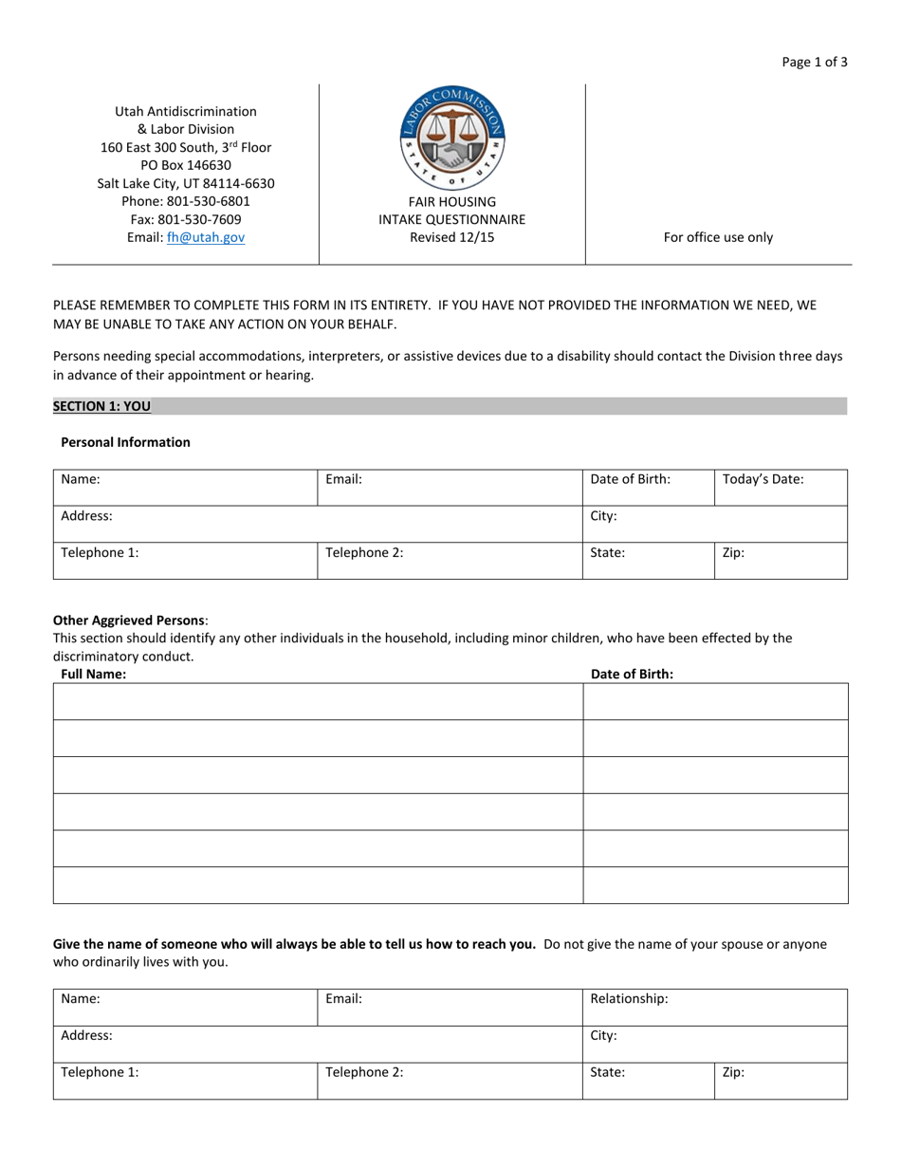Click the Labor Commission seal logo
click(452, 139)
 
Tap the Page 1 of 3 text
click(815, 63)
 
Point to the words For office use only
click(718, 238)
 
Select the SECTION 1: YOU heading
click(101, 406)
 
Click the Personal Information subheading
click(125, 442)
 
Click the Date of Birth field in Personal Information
click(647, 487)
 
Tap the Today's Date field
click(780, 487)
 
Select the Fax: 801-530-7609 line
click(186, 220)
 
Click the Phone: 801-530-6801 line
click(186, 202)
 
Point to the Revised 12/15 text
click(451, 238)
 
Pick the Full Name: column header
click(93, 675)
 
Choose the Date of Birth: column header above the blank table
click(632, 675)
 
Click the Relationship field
click(713, 1007)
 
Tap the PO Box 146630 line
click(186, 165)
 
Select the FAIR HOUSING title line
click(451, 202)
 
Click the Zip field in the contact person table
click(780, 1080)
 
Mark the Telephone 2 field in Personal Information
click(450, 560)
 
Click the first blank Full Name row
click(318, 701)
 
